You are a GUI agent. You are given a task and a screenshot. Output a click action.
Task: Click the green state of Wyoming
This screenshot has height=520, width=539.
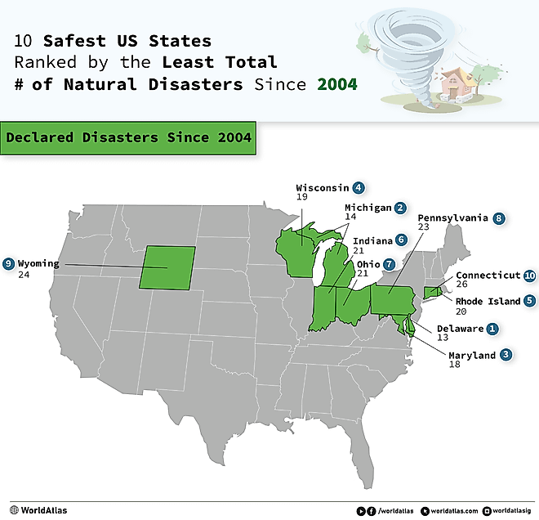(167, 267)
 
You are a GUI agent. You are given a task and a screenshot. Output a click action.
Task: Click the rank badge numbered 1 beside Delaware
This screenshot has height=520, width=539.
(492, 329)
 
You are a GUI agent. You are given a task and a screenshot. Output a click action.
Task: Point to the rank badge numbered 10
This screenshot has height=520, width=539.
(530, 276)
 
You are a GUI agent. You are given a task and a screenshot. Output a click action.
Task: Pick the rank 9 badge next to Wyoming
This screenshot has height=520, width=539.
(8, 263)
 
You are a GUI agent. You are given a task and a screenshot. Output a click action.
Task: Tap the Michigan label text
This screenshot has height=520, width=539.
(367, 208)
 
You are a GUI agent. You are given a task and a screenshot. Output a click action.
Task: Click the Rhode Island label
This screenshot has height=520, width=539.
(488, 301)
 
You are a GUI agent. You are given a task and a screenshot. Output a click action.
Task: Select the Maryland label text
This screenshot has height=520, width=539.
(472, 356)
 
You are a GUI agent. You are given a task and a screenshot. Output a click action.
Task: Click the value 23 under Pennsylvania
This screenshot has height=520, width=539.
(424, 228)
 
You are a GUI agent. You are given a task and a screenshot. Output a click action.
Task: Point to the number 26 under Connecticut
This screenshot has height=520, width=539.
(462, 285)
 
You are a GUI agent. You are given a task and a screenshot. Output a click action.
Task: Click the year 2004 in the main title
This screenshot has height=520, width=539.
(338, 83)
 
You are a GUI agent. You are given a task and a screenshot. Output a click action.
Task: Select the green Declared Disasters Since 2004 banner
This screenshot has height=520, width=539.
(128, 138)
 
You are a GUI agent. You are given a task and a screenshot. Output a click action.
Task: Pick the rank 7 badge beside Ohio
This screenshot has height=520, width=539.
(389, 265)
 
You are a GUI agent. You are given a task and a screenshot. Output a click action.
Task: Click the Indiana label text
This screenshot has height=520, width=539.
(372, 241)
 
